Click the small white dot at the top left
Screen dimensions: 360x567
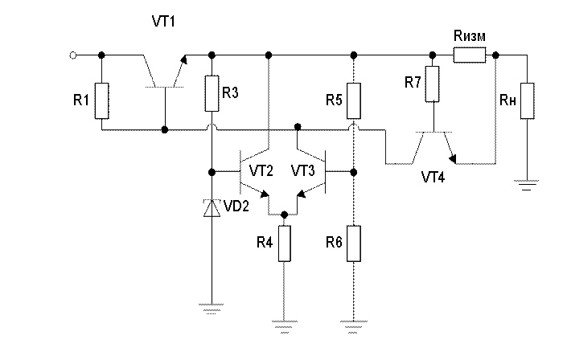pos(73,55)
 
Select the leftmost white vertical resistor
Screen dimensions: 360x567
pos(101,100)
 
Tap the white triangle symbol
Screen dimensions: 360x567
pos(212,209)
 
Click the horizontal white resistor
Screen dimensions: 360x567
pos(470,55)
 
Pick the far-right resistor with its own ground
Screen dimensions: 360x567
pos(527,100)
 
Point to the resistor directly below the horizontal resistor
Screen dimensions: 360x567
pos(432,84)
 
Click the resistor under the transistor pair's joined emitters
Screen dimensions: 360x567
pos(284,243)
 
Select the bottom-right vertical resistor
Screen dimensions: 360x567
pos(353,243)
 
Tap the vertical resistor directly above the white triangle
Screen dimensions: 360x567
pos(212,93)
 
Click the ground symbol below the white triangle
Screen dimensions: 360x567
pos(211,306)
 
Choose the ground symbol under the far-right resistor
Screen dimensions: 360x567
pos(527,182)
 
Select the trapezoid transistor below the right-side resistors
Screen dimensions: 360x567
pos(433,147)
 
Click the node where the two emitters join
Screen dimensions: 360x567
pos(284,212)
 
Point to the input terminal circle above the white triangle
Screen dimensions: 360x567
pos(212,171)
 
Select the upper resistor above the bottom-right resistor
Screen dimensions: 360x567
pos(353,100)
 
